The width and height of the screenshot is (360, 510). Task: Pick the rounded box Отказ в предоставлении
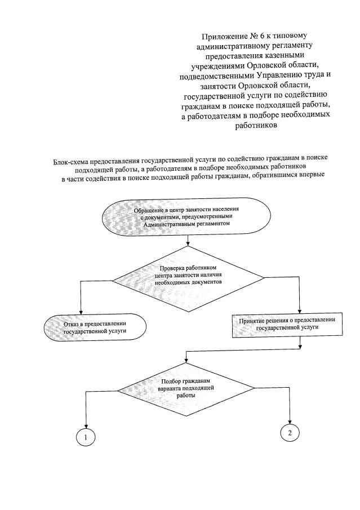click(95, 327)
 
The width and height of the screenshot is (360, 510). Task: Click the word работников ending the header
click(257, 126)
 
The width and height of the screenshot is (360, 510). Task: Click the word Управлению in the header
click(269, 75)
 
